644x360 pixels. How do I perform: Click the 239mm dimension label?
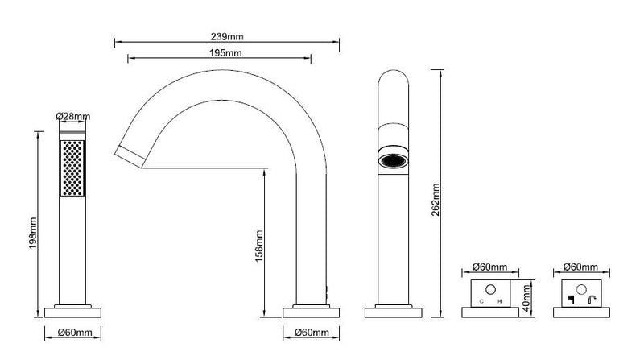227,36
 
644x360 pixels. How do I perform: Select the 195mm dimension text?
225,53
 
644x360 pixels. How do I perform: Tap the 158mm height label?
259,246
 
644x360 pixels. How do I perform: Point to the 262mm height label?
436,200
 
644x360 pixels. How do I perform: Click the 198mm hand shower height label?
33,233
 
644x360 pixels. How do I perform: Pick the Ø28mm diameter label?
72,116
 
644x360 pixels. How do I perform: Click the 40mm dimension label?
527,298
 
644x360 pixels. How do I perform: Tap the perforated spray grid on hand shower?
72,168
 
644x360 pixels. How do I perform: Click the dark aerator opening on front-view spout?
394,161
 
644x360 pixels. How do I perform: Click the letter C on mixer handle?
481,302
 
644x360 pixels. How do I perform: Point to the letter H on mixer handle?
499,302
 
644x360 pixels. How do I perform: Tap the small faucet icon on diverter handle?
592,300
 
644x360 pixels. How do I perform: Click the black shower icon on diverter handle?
571,300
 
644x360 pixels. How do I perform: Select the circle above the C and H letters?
490,290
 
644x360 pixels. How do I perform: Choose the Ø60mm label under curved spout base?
312,332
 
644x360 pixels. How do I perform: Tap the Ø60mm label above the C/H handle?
490,267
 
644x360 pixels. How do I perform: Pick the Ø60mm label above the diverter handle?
580,267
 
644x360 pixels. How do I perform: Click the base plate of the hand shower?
72,312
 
